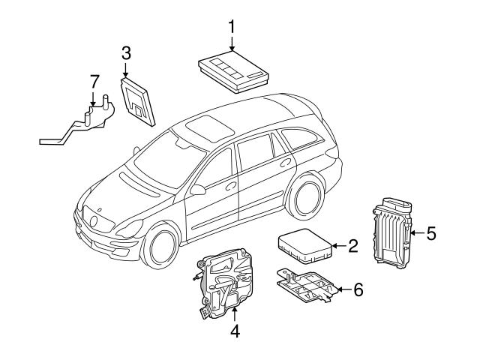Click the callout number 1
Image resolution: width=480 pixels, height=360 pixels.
(x=232, y=26)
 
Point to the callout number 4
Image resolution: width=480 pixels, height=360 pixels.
(x=234, y=330)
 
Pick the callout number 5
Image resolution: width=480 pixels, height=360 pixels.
(x=430, y=233)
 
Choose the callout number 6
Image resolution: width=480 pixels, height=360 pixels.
(x=358, y=289)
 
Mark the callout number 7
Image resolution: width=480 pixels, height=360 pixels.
(x=94, y=80)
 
